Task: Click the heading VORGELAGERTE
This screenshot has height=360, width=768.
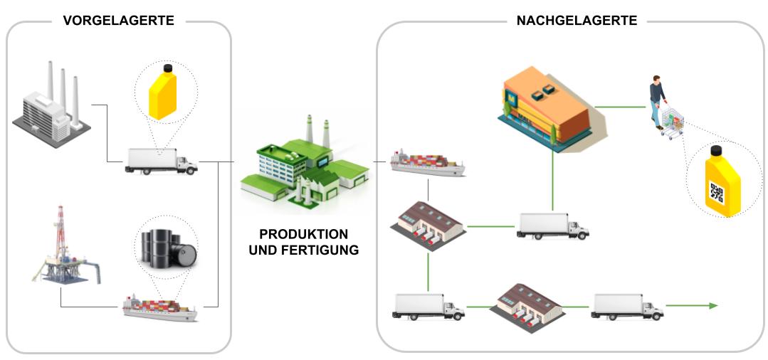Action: click(118, 21)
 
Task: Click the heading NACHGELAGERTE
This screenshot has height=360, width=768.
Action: click(577, 21)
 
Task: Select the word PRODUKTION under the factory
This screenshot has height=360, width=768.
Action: click(304, 234)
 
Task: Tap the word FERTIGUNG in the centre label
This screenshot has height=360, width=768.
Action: click(324, 250)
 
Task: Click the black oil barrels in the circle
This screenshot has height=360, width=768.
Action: click(167, 246)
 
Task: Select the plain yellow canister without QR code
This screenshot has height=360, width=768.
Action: click(166, 93)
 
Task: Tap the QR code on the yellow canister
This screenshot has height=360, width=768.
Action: click(716, 192)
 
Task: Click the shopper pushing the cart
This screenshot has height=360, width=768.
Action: click(657, 100)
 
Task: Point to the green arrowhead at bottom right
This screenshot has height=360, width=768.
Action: click(712, 305)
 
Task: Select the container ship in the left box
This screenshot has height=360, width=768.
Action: click(159, 306)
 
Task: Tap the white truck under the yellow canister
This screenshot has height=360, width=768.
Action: click(161, 162)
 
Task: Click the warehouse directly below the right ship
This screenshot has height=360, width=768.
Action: click(428, 223)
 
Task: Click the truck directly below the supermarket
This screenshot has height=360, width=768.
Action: click(553, 226)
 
